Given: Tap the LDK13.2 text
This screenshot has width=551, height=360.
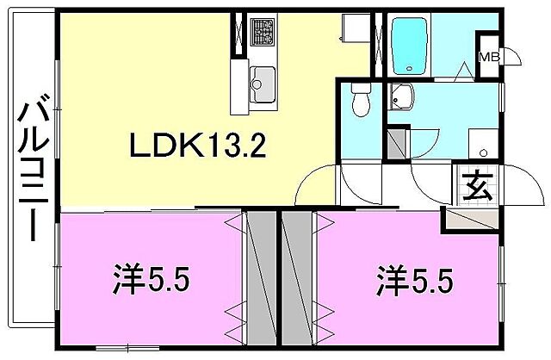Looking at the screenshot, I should pos(196,146).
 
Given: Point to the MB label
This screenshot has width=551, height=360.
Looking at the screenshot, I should pos(488,58).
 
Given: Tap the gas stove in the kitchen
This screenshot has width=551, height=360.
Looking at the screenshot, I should pos(262,33).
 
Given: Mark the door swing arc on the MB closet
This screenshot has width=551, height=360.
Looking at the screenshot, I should pos(511,57).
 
